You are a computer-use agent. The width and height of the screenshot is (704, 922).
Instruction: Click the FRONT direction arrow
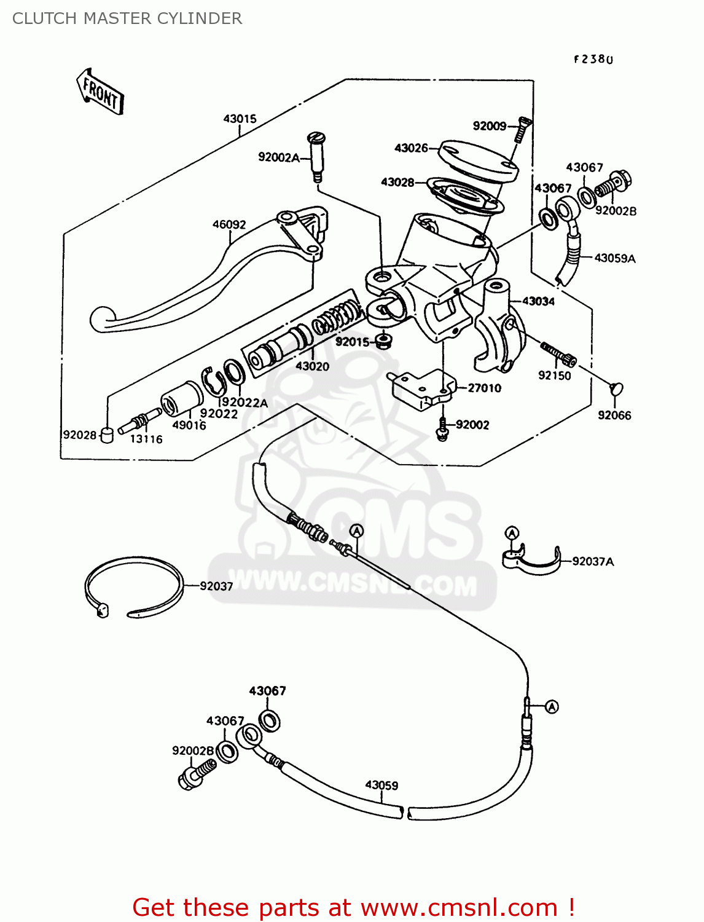[x=100, y=92]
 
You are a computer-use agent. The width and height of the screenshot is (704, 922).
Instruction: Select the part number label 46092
[x=229, y=225]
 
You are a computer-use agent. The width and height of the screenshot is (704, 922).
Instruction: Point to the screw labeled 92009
[x=522, y=129]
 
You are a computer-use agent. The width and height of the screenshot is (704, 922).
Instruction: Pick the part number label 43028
[x=397, y=183]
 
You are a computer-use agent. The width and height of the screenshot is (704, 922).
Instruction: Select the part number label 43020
[x=312, y=366]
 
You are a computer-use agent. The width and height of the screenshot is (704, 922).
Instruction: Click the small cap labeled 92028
[x=107, y=435]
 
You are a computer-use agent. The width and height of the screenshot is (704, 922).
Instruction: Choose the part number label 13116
[x=146, y=439]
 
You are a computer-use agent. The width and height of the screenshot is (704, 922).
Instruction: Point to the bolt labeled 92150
[x=558, y=353]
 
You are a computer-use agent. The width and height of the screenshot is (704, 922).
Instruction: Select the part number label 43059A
[x=615, y=259]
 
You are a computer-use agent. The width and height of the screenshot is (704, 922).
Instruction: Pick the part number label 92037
[x=216, y=586]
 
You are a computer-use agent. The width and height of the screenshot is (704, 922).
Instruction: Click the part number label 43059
[x=381, y=786]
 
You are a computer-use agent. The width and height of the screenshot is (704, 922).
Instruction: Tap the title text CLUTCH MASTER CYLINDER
[x=127, y=18]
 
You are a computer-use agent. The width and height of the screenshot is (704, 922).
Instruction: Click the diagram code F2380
[x=593, y=60]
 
